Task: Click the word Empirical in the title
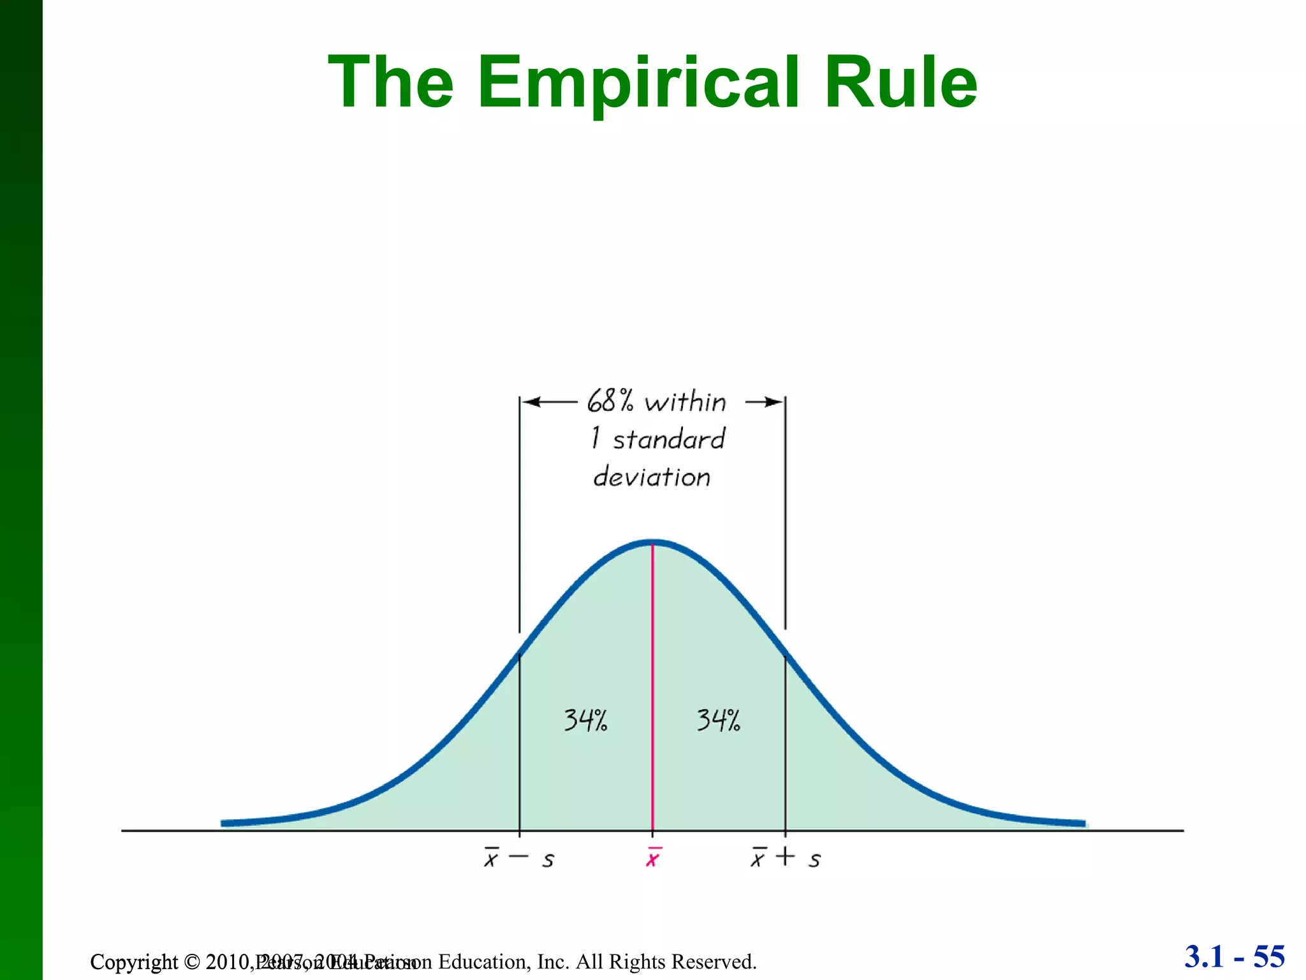click(x=638, y=83)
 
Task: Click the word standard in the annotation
click(x=669, y=440)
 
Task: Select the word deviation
click(x=652, y=477)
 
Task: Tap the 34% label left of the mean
click(x=585, y=720)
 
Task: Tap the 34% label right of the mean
click(x=718, y=720)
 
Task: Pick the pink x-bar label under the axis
click(x=652, y=858)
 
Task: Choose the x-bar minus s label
click(x=519, y=859)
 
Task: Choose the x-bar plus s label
click(x=786, y=858)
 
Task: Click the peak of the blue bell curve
click(x=652, y=543)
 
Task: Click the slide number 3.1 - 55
click(x=1235, y=957)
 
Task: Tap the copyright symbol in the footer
click(x=192, y=961)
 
